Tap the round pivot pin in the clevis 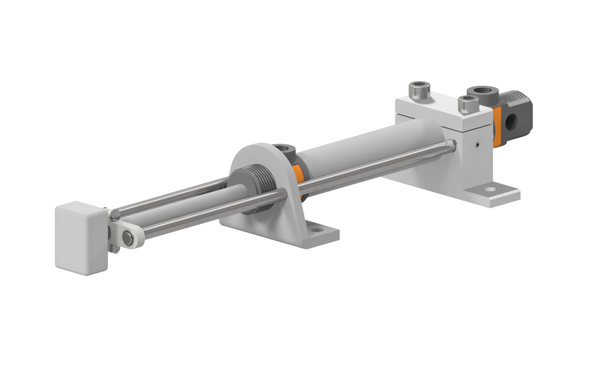click(129, 236)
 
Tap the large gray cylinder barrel click(367, 149)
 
